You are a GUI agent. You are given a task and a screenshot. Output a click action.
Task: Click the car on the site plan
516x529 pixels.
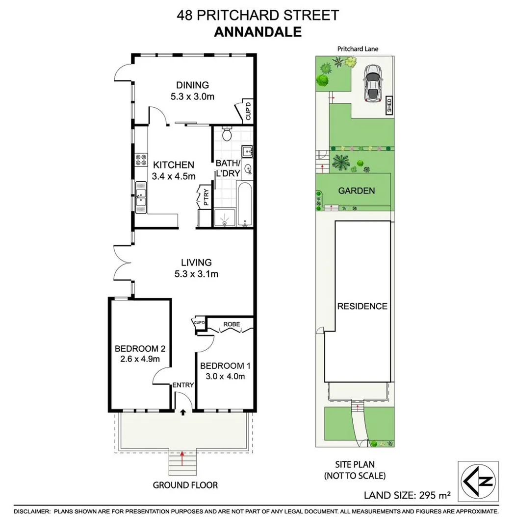click(372, 83)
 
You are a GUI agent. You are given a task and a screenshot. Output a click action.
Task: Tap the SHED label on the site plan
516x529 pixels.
click(389, 105)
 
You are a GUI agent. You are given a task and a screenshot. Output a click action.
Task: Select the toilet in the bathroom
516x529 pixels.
click(227, 133)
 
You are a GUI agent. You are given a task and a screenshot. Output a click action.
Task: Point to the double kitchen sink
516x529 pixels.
click(141, 197)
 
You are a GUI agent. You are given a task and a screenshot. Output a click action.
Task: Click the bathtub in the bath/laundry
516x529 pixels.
click(245, 205)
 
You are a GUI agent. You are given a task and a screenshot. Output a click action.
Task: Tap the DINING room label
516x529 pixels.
click(192, 85)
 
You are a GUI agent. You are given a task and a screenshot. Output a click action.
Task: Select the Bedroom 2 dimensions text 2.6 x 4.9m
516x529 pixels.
click(140, 360)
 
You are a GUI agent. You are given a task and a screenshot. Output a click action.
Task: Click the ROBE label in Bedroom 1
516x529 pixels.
click(231, 324)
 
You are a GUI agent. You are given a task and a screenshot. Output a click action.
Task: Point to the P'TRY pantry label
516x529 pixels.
click(206, 198)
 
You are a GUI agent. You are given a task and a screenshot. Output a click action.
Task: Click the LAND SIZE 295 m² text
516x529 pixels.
click(407, 495)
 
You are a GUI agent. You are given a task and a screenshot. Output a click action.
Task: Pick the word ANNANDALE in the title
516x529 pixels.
click(258, 32)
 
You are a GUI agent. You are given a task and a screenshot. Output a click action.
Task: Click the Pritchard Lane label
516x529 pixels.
click(358, 48)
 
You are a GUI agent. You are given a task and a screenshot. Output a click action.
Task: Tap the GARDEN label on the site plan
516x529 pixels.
click(357, 191)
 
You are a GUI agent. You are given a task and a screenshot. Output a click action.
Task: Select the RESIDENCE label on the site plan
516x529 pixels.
click(362, 306)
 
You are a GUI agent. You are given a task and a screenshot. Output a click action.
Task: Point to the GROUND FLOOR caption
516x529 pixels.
click(185, 485)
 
